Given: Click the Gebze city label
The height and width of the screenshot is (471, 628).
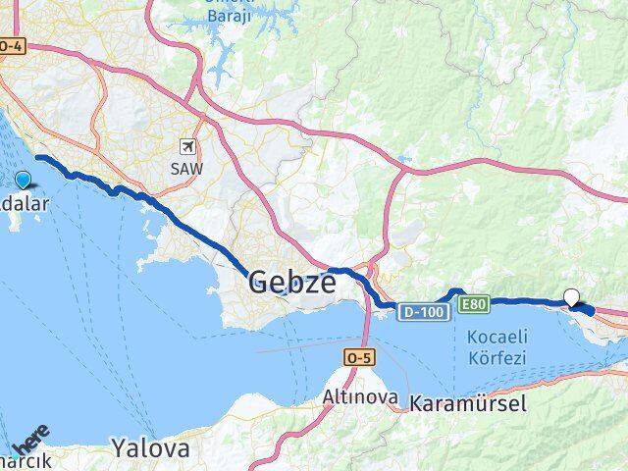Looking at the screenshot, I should (x=292, y=284).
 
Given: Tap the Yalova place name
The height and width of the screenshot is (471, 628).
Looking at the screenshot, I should (x=149, y=449).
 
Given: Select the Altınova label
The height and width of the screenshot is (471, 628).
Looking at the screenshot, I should (x=360, y=397).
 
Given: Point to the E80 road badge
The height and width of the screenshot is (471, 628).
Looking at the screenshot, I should (x=474, y=304).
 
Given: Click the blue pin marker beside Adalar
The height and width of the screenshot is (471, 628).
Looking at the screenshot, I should (x=23, y=180).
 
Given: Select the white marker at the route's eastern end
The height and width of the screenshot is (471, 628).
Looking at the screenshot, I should (x=571, y=297).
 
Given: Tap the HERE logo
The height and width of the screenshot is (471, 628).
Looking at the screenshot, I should (x=30, y=435).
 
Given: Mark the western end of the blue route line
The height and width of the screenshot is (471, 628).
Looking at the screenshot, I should (x=37, y=157).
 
